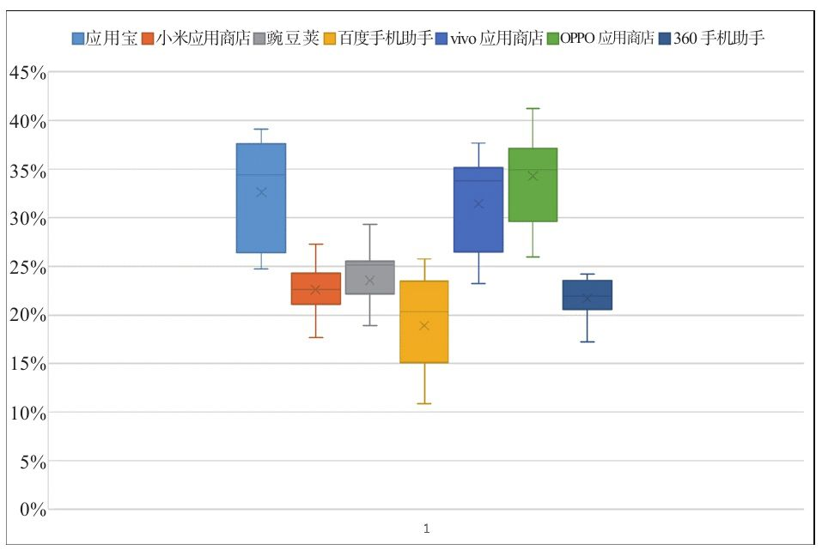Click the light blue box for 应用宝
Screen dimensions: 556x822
point(261,198)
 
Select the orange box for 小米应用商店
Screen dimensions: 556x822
point(315,288)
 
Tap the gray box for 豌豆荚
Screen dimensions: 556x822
point(369,277)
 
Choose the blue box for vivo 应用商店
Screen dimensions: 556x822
point(478,209)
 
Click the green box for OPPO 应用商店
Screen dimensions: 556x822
point(533,184)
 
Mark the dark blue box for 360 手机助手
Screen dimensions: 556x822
point(588,294)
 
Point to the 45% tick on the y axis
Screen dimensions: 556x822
point(27,72)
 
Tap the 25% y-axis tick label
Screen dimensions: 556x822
point(27,266)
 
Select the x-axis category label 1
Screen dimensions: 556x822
point(426,529)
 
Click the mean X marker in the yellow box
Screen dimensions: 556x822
point(424,325)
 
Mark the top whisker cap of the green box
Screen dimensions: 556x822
point(533,108)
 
